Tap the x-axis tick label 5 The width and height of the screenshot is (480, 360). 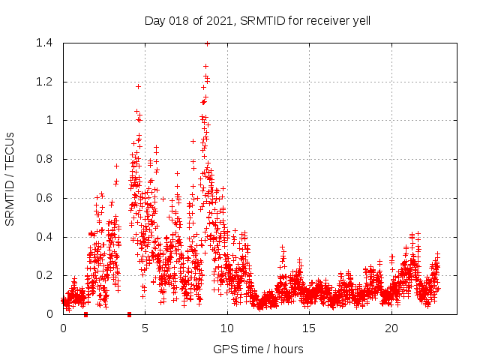(145, 328)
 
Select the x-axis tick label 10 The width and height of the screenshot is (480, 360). (227, 328)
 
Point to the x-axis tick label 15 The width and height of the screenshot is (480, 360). (310, 328)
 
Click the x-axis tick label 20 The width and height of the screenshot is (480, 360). (391, 328)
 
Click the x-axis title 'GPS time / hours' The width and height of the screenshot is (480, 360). (258, 349)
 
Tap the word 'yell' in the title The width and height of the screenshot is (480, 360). (360, 21)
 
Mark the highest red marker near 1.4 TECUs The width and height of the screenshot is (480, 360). (207, 43)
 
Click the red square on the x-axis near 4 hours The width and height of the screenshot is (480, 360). (130, 314)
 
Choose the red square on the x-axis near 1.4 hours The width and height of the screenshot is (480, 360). (86, 314)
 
